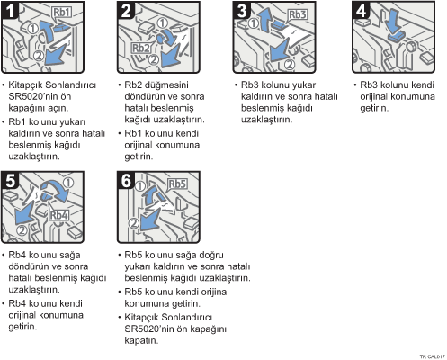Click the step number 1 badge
10,10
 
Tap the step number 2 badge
126,10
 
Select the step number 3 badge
242,10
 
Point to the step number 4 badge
361,10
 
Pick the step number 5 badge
10,180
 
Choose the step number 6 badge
126,180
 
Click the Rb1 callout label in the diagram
62,13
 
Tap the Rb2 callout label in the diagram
141,48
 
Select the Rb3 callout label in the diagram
298,14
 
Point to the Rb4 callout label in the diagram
59,215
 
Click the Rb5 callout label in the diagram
177,184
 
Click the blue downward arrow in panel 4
393,21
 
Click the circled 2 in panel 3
290,65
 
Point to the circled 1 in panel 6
140,186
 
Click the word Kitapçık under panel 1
25,85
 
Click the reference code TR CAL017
432,356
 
